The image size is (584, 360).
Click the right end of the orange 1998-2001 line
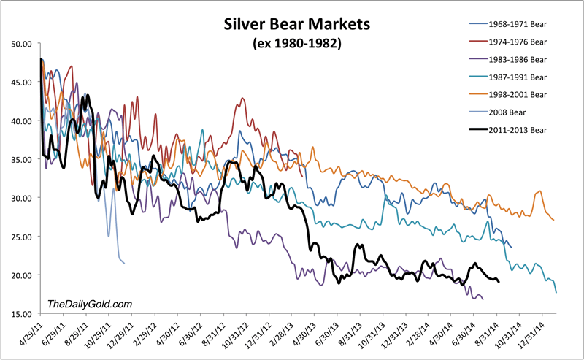point(554,220)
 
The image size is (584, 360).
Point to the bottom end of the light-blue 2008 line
point(124,263)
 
